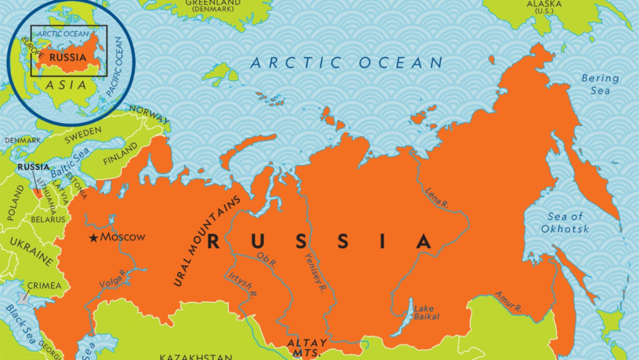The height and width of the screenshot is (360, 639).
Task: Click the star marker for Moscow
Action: point(94,238)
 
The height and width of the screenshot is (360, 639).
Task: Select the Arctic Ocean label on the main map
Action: point(347,62)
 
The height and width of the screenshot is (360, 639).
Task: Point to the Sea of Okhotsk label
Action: point(568,223)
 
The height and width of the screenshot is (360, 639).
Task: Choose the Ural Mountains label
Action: point(207,240)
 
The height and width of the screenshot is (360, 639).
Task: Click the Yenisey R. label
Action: point(315,271)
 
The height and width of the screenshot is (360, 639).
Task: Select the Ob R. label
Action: point(266,260)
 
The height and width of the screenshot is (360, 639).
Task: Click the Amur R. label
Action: point(508,301)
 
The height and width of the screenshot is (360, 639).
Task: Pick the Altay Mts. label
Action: point(303,348)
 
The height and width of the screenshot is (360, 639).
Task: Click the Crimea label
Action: point(44,286)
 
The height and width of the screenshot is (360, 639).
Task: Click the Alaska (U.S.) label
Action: point(545,7)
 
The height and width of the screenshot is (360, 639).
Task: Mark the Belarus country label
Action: point(47,220)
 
